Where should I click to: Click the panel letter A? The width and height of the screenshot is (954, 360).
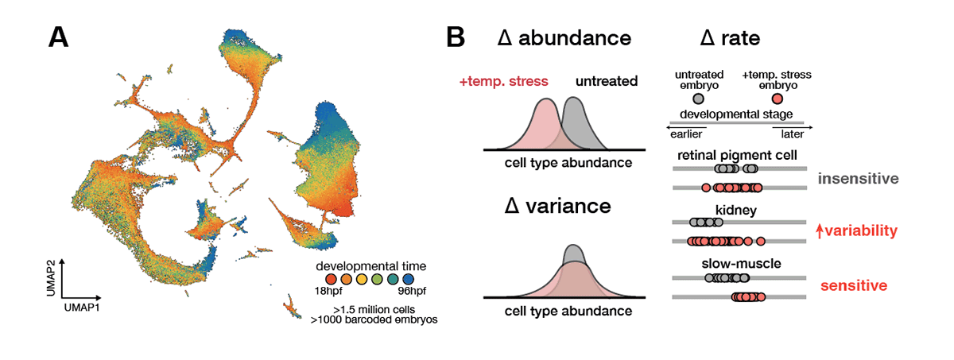click(58, 37)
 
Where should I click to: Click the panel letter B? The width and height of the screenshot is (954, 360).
click(456, 37)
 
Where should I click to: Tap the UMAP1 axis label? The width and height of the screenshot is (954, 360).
click(82, 308)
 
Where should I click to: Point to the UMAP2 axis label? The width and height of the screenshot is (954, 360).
click(51, 278)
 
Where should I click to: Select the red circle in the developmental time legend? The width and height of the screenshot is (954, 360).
click(331, 279)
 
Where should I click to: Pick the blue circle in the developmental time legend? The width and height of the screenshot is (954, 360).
click(408, 279)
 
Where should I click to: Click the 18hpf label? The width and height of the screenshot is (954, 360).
click(328, 291)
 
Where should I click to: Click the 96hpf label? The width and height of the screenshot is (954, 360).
click(412, 291)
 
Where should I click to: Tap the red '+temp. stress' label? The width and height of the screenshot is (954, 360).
click(503, 81)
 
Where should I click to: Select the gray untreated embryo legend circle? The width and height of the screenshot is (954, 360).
click(698, 99)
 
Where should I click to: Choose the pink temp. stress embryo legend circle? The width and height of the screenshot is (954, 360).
click(778, 99)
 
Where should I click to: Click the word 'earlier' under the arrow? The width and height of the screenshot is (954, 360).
click(686, 134)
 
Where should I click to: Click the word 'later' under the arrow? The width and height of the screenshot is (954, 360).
click(792, 134)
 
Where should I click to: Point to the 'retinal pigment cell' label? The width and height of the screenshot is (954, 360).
click(737, 155)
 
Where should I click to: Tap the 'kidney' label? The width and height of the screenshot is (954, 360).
click(736, 211)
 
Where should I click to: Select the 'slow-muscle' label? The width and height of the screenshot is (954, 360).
click(741, 263)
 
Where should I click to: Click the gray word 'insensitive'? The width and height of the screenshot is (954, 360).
click(858, 178)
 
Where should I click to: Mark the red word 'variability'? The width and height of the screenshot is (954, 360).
click(861, 230)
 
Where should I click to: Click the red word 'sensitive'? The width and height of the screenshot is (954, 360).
click(854, 285)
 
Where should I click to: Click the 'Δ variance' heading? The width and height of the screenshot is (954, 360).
click(558, 206)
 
